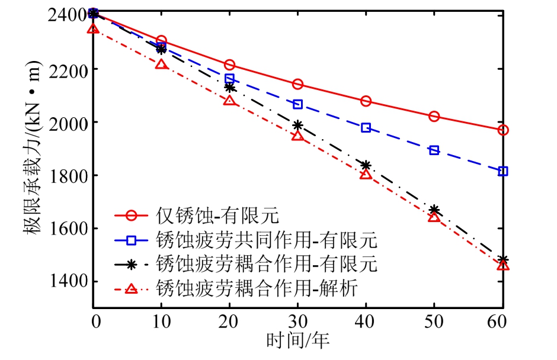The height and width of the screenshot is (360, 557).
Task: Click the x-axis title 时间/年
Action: [x=297, y=340]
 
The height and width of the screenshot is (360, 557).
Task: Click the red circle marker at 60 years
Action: [x=503, y=130]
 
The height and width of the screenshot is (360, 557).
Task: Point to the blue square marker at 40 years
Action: [x=366, y=128]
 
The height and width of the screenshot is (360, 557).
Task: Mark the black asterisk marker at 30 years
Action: [x=297, y=125]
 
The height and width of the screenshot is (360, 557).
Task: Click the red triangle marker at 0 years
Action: [x=93, y=28]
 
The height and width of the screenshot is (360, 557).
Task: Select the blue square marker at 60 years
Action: [x=503, y=171]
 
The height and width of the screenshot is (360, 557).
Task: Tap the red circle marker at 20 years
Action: [x=229, y=65]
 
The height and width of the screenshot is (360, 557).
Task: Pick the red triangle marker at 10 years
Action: [x=161, y=64]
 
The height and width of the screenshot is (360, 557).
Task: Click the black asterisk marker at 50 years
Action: [x=434, y=210]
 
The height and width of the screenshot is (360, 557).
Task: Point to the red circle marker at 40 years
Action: [x=366, y=101]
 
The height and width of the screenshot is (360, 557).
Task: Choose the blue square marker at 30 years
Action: [x=297, y=104]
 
